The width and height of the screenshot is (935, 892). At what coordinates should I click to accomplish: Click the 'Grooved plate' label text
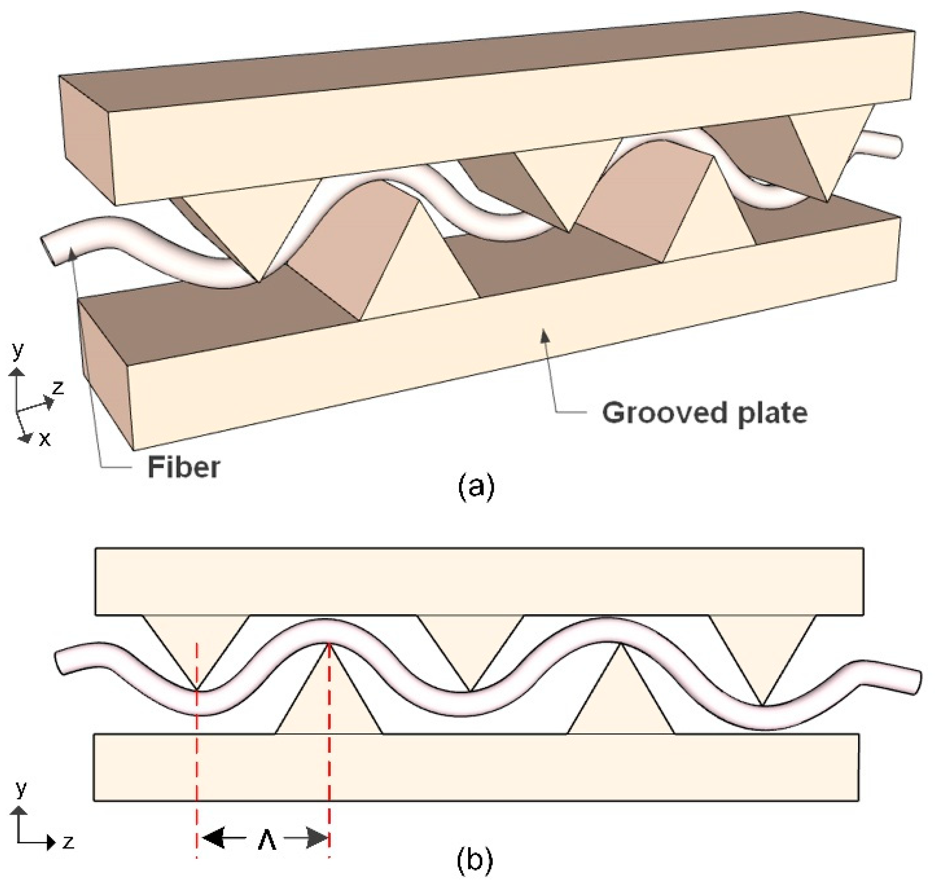705,412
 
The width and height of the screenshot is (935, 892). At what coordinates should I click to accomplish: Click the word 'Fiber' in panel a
184,468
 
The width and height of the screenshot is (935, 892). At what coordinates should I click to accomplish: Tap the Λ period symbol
267,841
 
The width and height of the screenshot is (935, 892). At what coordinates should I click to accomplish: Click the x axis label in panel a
44,438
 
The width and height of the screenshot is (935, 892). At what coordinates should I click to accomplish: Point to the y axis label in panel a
18,350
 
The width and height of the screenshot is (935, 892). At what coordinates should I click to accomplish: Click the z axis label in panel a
58,387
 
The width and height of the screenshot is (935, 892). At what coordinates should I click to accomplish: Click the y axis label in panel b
21,789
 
